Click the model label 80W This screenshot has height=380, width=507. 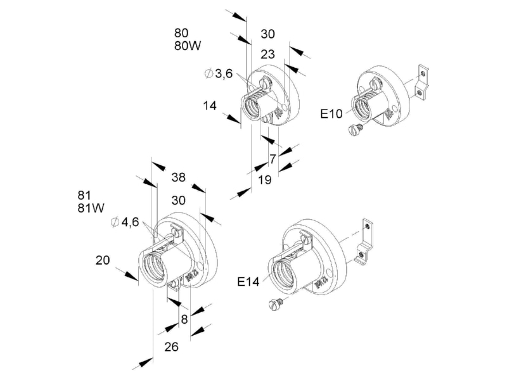tap(188, 46)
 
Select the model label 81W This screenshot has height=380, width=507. tap(91, 208)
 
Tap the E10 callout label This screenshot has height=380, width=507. tap(331, 114)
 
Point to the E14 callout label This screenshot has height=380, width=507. tap(248, 282)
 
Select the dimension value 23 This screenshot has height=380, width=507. tap(267, 54)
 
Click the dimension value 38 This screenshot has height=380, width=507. tap(179, 177)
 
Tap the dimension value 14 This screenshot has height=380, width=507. tap(210, 106)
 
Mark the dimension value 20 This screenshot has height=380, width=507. tap(103, 260)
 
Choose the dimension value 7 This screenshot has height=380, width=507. tap(273, 159)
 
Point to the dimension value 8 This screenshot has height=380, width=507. tap(184, 319)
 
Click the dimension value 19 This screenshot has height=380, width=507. tap(264, 180)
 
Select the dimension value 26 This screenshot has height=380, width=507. tap(171, 346)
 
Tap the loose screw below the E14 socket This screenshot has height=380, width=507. tap(276, 305)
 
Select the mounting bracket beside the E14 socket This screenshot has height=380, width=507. tap(364, 241)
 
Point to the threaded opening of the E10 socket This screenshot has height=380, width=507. tap(362, 106)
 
